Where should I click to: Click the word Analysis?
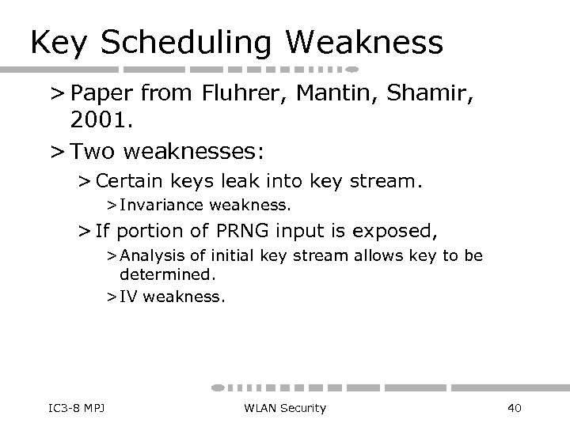(x=147, y=258)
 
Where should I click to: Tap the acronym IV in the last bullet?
(x=127, y=297)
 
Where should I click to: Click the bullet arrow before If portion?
(x=85, y=232)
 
